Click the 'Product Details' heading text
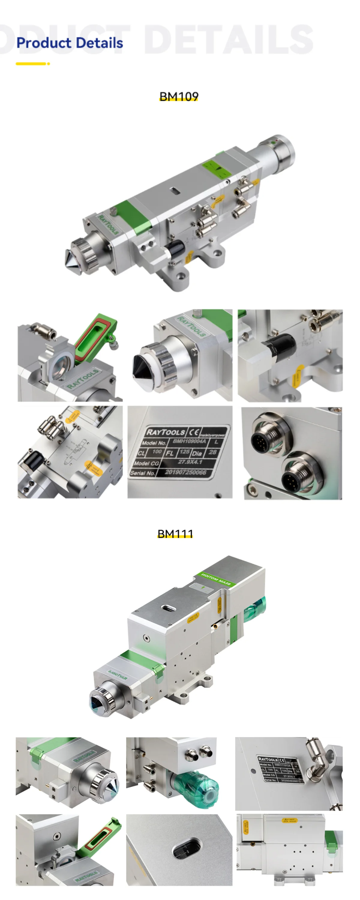(x=70, y=43)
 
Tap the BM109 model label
(x=178, y=96)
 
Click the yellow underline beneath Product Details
(x=31, y=64)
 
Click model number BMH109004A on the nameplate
(x=189, y=442)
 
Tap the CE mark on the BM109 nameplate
(x=193, y=431)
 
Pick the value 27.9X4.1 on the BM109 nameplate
(x=190, y=462)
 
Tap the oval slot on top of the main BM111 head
(x=169, y=608)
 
